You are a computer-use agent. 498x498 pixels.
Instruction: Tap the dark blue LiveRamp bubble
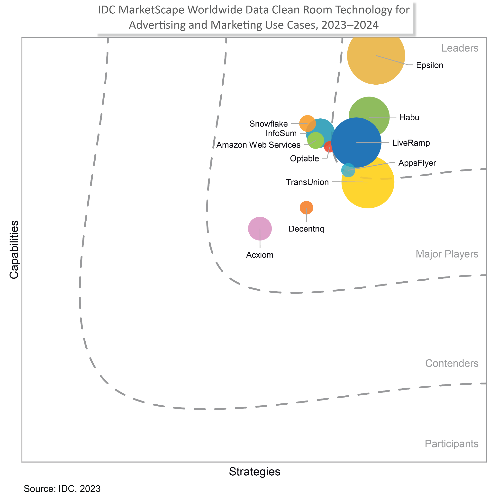[356, 142]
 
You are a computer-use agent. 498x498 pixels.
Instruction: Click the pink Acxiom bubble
[260, 228]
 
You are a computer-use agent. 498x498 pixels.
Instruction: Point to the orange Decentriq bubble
[306, 207]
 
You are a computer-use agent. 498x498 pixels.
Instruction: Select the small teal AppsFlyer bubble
[348, 170]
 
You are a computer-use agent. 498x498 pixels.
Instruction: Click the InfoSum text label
[281, 133]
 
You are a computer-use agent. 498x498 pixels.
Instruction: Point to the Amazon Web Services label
[258, 145]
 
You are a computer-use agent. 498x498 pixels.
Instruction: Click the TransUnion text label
[307, 182]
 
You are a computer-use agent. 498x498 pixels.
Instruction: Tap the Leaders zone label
[460, 48]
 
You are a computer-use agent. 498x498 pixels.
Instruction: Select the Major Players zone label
[447, 254]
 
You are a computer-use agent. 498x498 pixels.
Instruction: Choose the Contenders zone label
[452, 363]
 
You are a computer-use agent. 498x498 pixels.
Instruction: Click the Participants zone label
[451, 444]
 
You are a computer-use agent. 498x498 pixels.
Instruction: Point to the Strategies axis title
[254, 471]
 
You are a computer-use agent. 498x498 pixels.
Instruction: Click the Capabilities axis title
[14, 249]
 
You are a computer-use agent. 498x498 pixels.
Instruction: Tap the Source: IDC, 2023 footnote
[62, 489]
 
